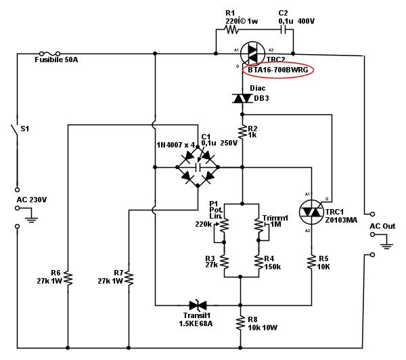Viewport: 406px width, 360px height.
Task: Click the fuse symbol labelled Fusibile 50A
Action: pos(51,52)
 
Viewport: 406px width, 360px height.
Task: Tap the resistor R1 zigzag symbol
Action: pos(232,29)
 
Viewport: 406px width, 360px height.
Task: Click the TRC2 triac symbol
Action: pos(254,51)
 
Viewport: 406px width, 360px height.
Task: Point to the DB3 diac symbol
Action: pos(242,98)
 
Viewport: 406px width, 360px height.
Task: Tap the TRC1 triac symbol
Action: pos(311,211)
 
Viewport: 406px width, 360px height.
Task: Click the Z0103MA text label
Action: pos(340,220)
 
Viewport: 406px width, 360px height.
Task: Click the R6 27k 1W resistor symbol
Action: pos(68,277)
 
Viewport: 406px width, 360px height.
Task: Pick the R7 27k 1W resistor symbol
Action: pos(128,277)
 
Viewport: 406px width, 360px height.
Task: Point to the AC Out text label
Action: pos(382,226)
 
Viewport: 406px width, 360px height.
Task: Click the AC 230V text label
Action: pos(32,200)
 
